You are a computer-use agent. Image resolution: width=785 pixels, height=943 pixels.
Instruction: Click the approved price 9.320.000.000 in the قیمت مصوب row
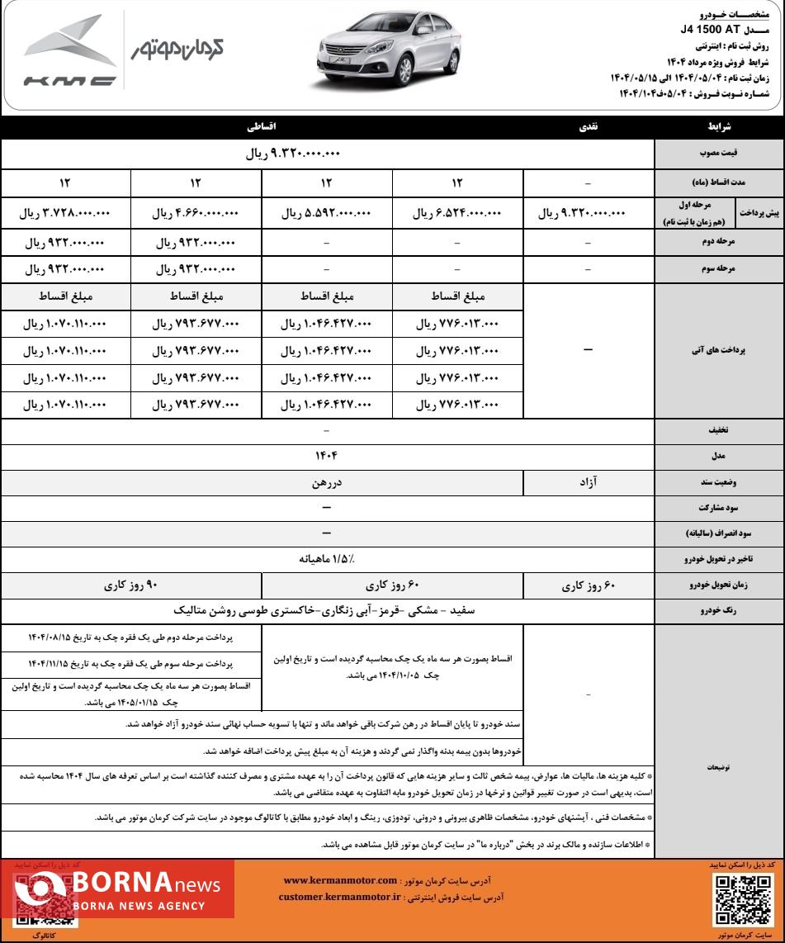(x=293, y=154)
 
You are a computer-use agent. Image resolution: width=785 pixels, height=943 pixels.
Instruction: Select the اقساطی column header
(x=262, y=128)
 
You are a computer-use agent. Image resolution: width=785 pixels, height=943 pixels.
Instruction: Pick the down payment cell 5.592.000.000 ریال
(x=326, y=213)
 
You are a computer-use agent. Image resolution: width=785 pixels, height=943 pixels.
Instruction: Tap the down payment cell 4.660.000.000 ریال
(x=196, y=213)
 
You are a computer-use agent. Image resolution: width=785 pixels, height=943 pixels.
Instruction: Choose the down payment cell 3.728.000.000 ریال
(x=65, y=213)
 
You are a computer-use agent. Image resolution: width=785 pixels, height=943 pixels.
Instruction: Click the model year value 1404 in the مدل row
(x=326, y=455)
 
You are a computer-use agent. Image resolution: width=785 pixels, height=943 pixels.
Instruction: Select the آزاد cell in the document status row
(x=588, y=481)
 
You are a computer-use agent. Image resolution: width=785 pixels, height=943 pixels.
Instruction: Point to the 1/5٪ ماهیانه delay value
(x=326, y=559)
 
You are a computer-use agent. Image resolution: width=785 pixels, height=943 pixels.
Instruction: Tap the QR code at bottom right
(x=740, y=898)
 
